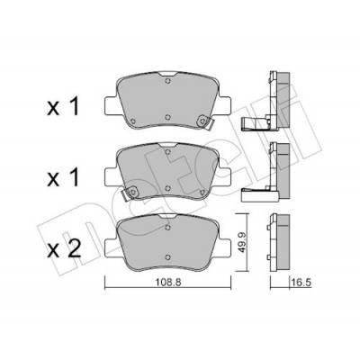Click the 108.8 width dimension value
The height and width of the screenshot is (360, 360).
[x=168, y=283]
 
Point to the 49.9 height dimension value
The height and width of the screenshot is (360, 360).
[x=242, y=242]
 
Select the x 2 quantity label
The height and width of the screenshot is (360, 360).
[x=64, y=250]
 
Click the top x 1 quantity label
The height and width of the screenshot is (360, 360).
[x=63, y=107]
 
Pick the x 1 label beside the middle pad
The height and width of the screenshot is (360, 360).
[x=63, y=177]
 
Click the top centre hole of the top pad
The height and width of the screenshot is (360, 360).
[x=168, y=81]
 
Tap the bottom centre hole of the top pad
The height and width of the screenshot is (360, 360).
[x=168, y=117]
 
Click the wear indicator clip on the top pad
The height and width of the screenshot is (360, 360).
[x=204, y=121]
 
